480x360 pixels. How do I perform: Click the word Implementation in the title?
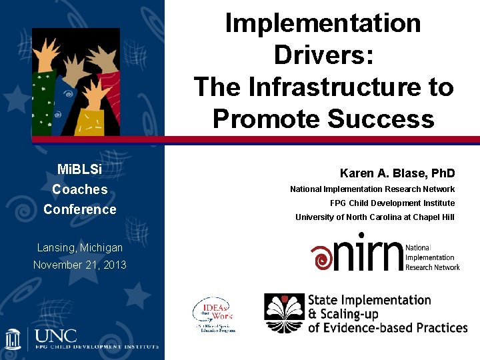point(323,23)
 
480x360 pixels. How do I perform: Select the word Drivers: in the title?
point(323,55)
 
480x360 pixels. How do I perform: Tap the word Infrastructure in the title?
point(352,87)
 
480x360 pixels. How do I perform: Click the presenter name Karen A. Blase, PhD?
point(397,173)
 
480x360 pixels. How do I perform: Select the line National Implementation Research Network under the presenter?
point(372,189)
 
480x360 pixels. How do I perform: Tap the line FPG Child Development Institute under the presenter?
point(392,203)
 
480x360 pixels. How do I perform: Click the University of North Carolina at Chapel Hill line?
point(375,217)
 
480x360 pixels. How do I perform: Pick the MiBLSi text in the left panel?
point(80,169)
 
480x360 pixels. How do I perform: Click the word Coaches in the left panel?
point(80,189)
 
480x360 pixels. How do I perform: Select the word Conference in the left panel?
point(80,209)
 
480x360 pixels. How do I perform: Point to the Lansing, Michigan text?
point(80,248)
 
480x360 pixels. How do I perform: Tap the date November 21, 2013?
point(80,265)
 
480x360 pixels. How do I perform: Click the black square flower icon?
point(285,313)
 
